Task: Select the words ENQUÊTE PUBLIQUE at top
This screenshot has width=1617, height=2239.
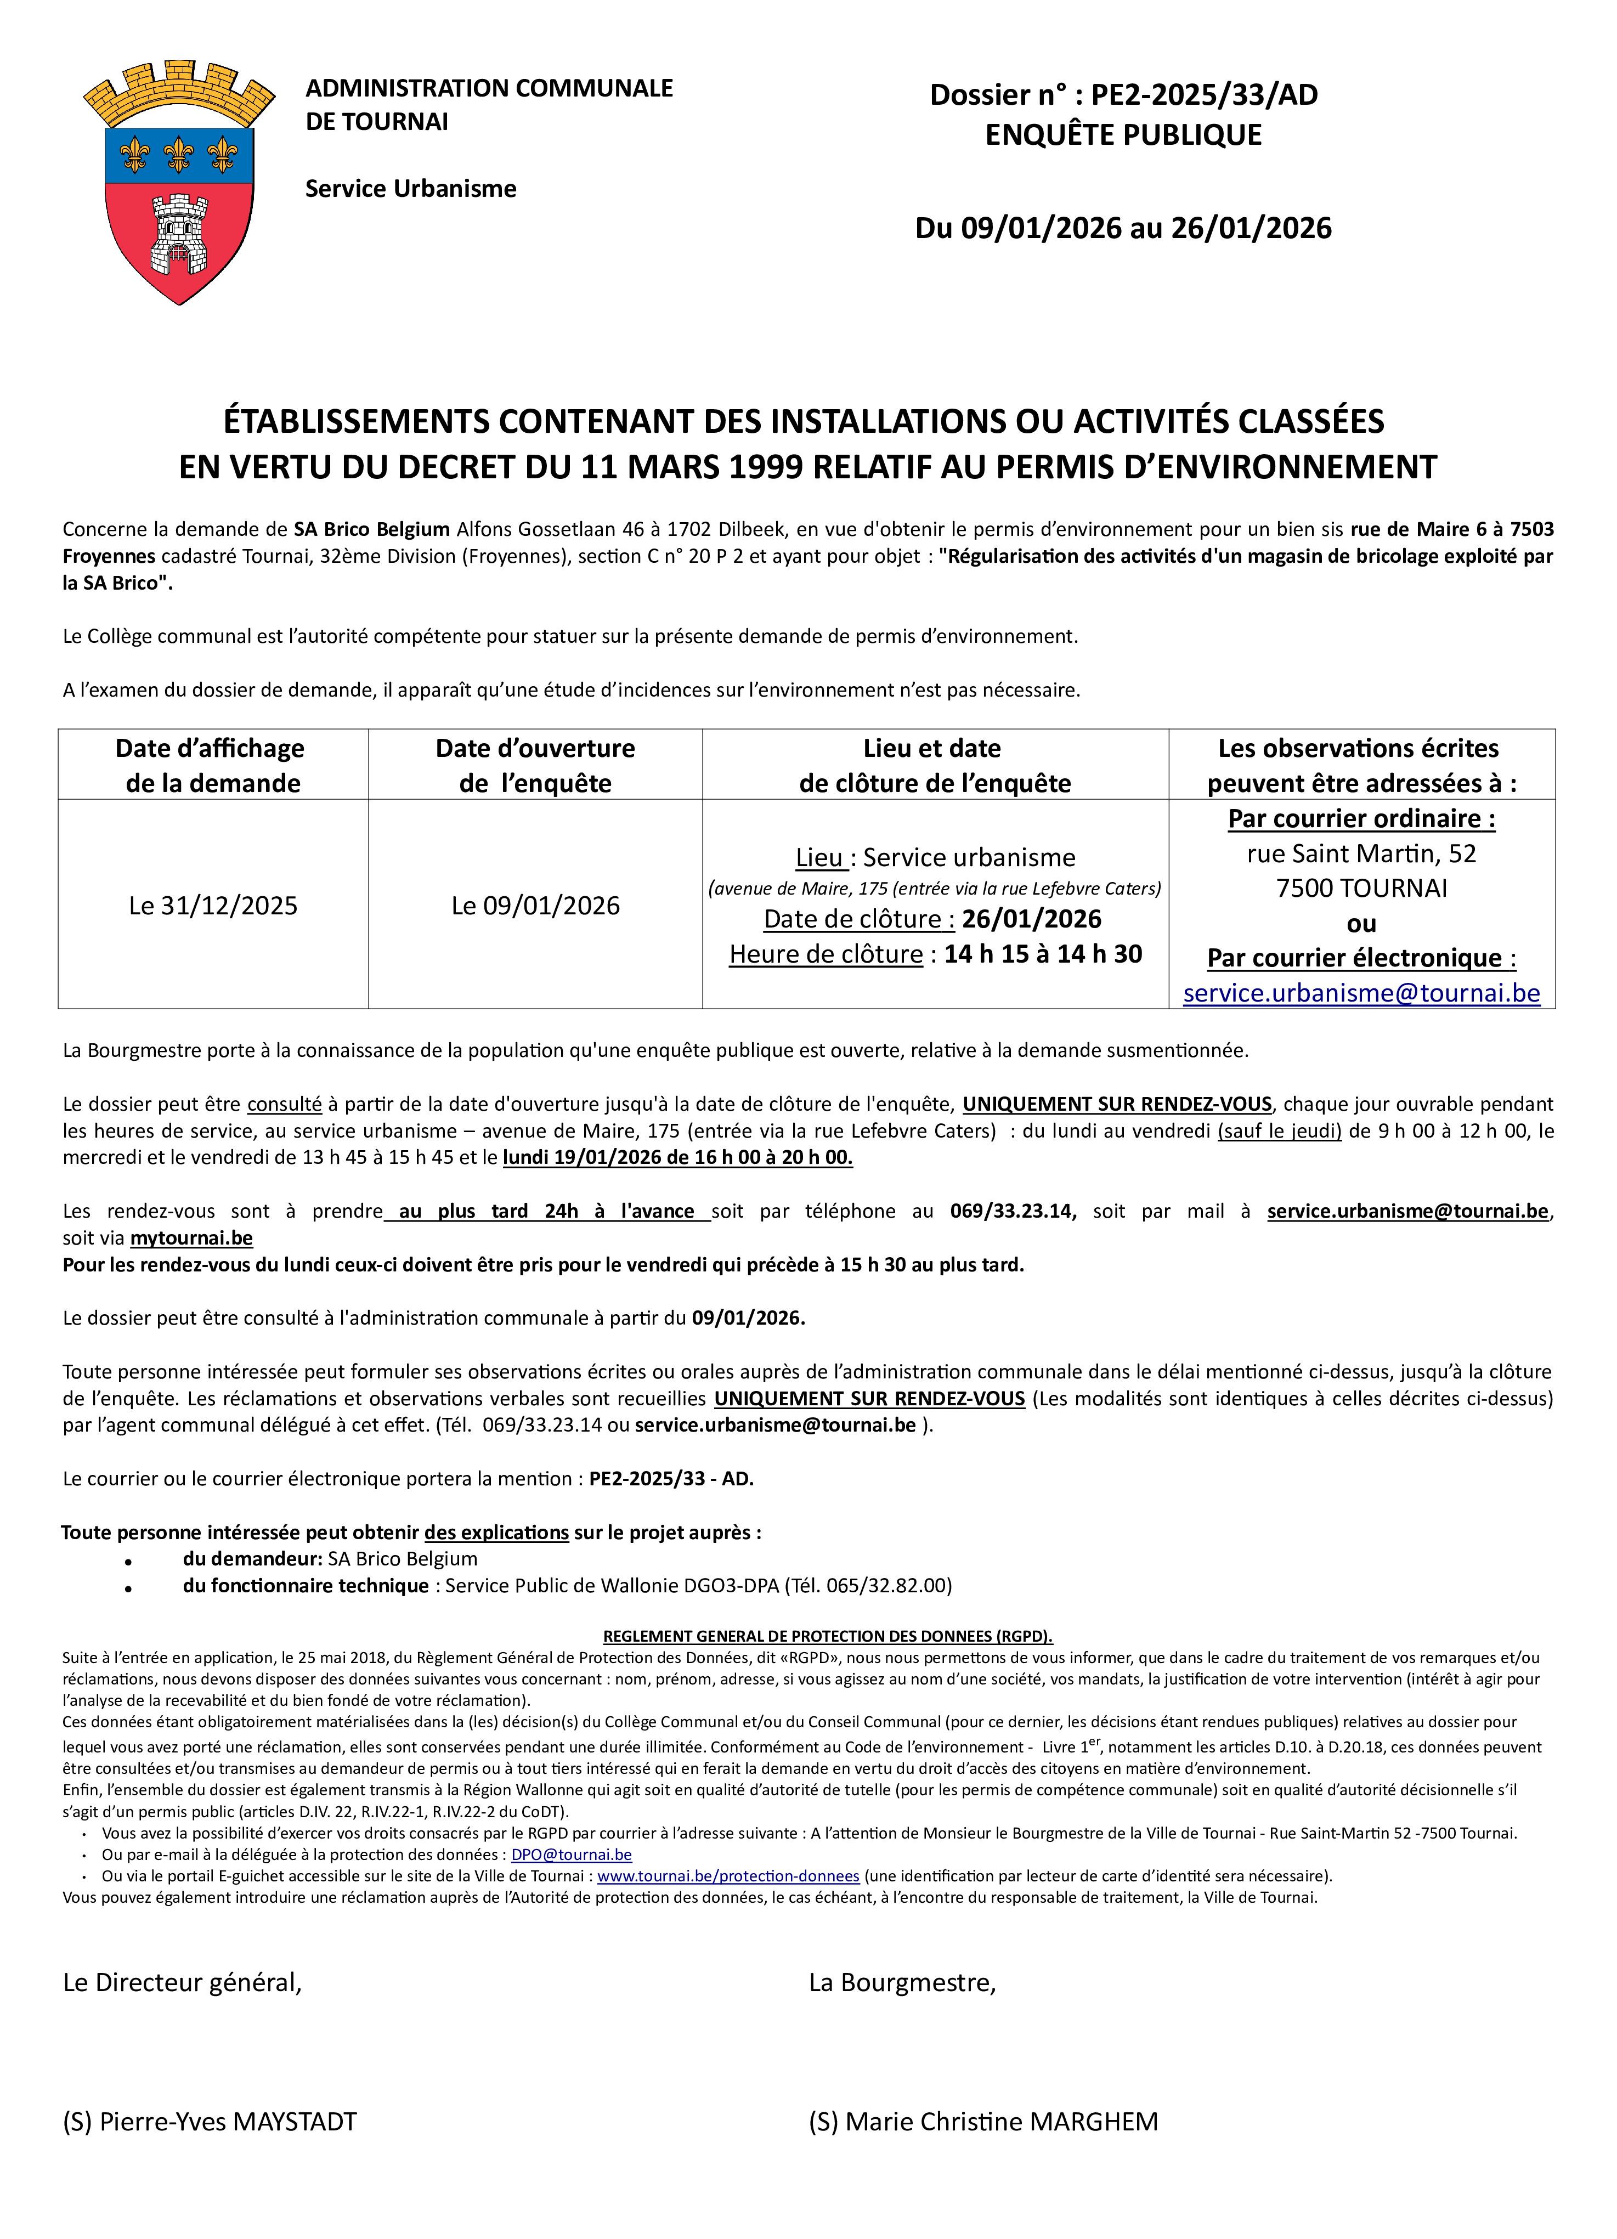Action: [1123, 135]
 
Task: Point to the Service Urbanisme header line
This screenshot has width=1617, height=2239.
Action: [411, 189]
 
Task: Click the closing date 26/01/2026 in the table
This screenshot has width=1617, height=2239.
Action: [1032, 919]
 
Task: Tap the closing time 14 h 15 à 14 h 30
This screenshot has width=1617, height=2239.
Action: [1043, 954]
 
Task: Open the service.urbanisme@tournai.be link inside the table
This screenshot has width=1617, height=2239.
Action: [1361, 993]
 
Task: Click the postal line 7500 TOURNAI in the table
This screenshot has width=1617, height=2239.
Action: [1361, 889]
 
